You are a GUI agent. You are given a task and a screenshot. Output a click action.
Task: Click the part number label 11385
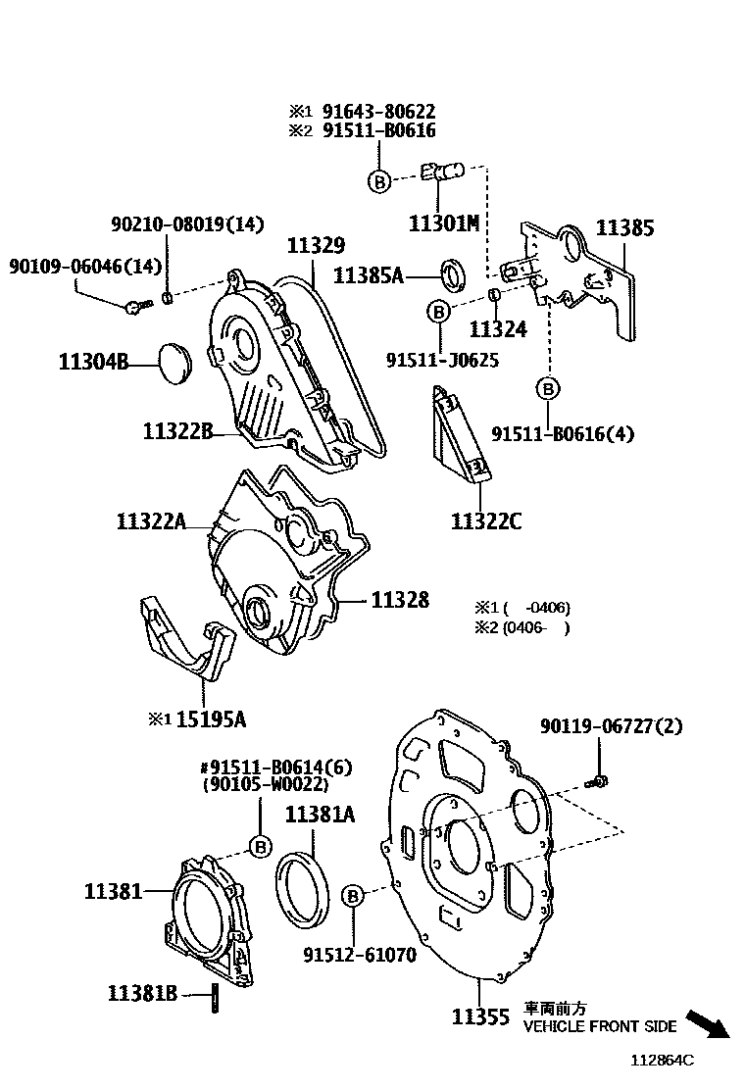(x=624, y=228)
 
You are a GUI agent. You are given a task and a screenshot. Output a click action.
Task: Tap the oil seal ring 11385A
(x=454, y=274)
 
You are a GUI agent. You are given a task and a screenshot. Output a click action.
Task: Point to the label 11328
(x=399, y=600)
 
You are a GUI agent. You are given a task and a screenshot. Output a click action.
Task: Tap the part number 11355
(x=480, y=1016)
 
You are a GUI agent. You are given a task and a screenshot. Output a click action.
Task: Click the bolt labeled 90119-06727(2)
(x=598, y=781)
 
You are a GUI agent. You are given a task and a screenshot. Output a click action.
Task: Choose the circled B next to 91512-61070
(x=354, y=894)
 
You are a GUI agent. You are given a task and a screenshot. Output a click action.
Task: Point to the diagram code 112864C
(x=662, y=1060)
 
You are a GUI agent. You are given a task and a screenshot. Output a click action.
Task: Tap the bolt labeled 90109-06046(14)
(x=135, y=307)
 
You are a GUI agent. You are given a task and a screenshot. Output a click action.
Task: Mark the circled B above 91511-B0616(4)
(x=548, y=389)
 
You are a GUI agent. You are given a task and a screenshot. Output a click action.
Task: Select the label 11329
(x=315, y=245)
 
